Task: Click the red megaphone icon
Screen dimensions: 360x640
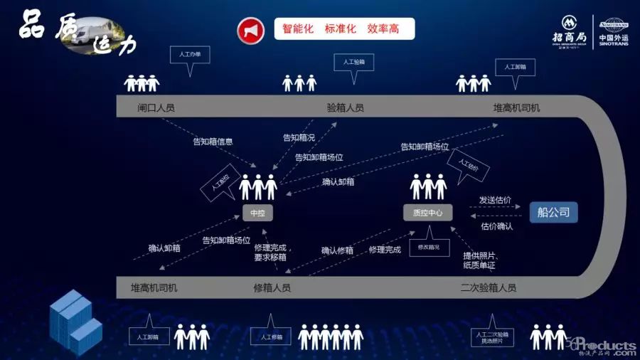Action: click(250, 30)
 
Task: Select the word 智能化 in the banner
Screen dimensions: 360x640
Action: click(298, 29)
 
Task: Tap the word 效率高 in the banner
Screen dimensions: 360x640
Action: click(383, 29)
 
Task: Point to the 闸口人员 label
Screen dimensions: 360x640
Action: click(156, 108)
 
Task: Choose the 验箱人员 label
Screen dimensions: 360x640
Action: click(345, 108)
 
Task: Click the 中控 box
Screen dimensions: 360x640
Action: click(257, 213)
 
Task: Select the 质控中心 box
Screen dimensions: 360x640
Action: click(427, 213)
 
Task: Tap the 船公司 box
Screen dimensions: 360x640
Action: click(553, 212)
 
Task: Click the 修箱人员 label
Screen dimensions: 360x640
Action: click(272, 288)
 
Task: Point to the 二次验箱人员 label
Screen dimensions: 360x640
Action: click(489, 288)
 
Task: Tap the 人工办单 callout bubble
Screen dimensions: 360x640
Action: click(190, 55)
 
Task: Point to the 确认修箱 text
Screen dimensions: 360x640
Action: click(337, 250)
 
